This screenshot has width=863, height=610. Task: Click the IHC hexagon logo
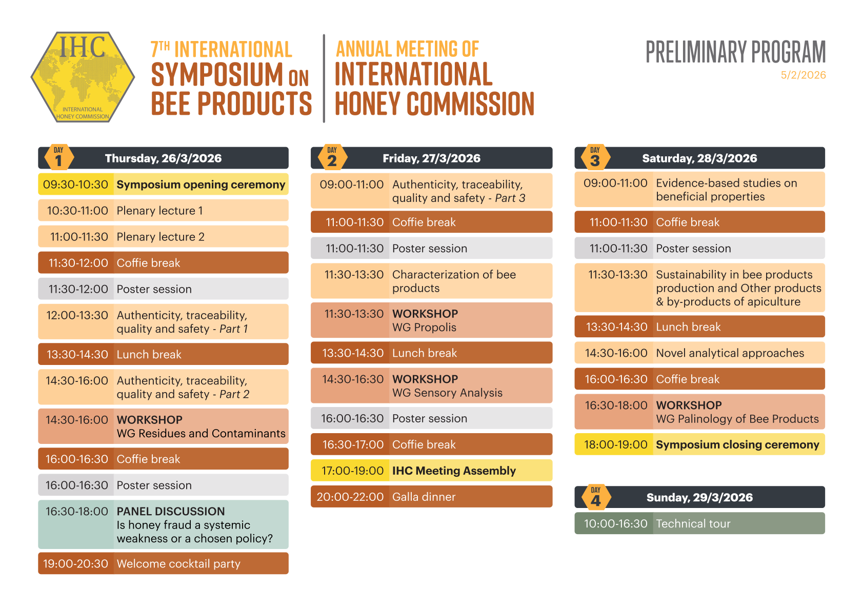tap(83, 77)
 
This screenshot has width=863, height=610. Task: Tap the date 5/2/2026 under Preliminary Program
tap(804, 75)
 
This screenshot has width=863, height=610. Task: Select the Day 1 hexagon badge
tap(59, 157)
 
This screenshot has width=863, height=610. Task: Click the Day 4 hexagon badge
tap(596, 497)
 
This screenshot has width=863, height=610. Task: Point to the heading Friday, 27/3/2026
tap(432, 158)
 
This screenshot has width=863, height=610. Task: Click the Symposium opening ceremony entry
tap(200, 185)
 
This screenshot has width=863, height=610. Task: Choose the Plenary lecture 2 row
tap(164, 236)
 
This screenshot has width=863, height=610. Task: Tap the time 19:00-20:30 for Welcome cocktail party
tap(75, 563)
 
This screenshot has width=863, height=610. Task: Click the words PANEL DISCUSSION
tap(171, 511)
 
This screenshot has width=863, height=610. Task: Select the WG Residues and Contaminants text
tap(201, 433)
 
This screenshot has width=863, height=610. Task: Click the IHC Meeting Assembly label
tap(454, 471)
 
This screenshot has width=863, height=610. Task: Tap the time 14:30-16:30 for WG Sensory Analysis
tap(353, 379)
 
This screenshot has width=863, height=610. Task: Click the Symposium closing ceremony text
tap(737, 444)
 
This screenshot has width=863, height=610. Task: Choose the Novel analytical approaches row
tap(699, 353)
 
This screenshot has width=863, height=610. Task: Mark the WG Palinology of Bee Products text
tap(737, 419)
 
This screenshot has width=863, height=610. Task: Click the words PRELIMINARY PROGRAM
tap(736, 52)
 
